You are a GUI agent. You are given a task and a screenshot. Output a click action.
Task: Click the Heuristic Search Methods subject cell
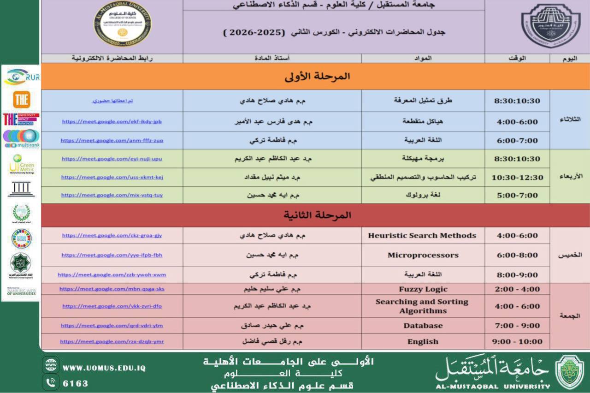(422, 235)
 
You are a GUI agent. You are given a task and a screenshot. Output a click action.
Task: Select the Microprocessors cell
(423, 255)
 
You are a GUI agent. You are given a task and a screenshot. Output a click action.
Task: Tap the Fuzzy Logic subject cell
(423, 289)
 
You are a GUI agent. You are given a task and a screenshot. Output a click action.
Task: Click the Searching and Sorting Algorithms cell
(422, 306)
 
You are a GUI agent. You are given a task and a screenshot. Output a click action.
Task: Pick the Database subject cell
(423, 326)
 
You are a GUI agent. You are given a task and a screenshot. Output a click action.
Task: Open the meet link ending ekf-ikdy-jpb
(112, 122)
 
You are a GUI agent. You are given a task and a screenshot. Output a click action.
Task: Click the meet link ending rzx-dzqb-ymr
(112, 342)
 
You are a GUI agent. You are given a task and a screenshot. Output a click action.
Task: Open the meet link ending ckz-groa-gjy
(112, 235)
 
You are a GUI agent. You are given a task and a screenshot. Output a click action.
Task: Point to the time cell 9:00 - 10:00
(517, 342)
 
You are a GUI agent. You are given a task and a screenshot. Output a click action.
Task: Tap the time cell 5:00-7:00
(517, 195)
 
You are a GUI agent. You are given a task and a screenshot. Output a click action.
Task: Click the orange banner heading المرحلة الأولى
(317, 77)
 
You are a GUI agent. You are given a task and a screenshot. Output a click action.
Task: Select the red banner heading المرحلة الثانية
(317, 215)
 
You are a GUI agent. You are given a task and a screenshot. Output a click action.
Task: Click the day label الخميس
(570, 255)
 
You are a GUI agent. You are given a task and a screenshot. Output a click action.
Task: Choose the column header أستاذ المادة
(272, 59)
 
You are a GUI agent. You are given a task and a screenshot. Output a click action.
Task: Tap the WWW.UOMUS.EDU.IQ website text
(104, 368)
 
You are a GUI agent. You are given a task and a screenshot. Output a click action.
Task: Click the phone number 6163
(76, 383)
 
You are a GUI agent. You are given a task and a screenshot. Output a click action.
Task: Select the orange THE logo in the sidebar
(21, 99)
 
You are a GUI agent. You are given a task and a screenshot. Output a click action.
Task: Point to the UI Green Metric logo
(21, 165)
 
